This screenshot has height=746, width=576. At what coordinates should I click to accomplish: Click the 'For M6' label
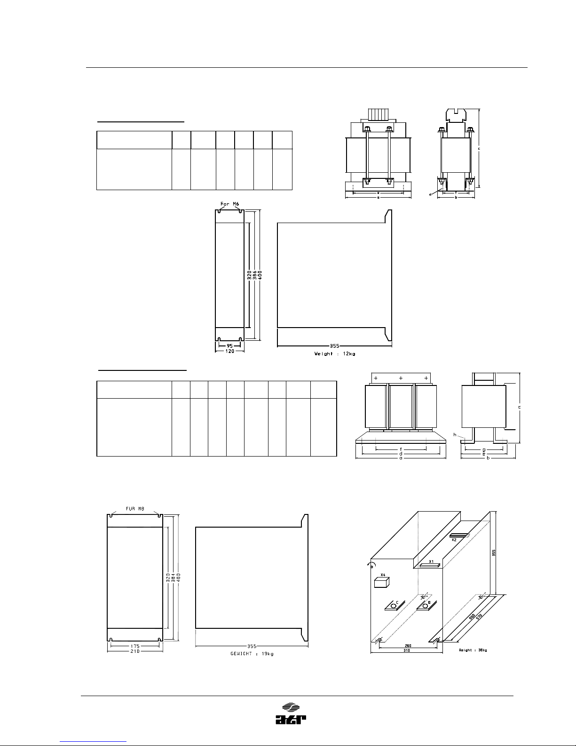230,204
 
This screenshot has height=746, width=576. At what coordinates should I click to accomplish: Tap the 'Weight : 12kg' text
335,353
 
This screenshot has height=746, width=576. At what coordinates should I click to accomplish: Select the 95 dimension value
230,345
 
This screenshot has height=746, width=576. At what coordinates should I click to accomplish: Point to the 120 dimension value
230,351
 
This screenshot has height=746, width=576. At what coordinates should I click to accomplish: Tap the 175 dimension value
135,646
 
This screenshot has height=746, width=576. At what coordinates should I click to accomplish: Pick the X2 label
454,540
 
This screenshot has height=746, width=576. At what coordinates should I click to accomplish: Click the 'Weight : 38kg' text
473,650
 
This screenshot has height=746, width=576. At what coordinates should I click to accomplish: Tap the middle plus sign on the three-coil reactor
401,378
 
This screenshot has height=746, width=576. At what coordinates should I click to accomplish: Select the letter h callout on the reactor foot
454,435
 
